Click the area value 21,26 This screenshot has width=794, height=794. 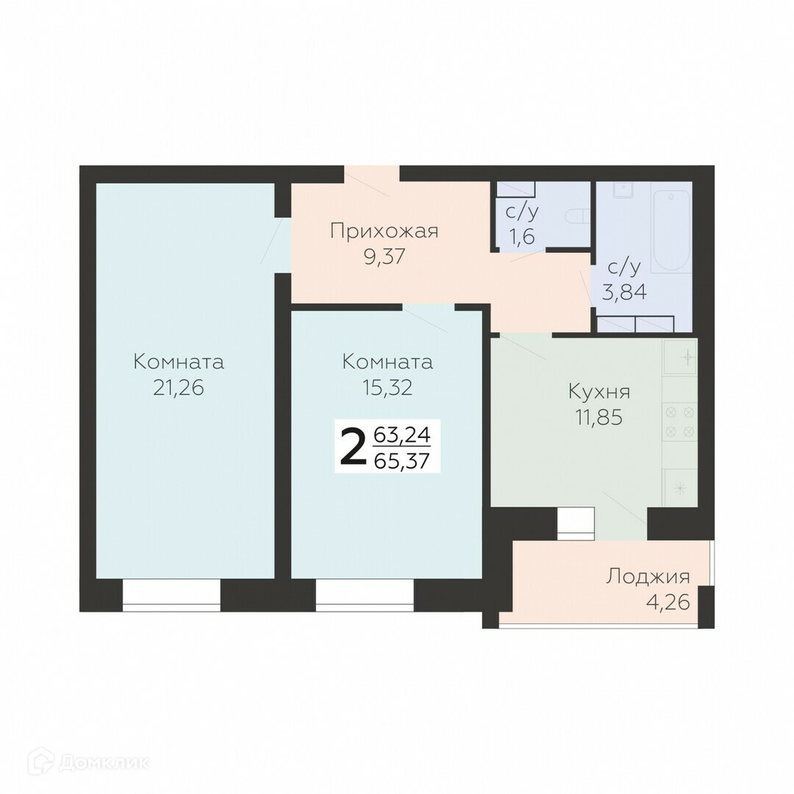178,388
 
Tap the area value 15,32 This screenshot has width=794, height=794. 387,388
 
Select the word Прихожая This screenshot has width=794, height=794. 384,232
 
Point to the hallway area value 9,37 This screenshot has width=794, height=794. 385,257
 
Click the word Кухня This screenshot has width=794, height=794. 600,392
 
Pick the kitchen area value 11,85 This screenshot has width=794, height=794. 598,418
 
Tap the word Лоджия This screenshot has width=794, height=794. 648,576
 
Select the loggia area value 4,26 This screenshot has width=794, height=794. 668,603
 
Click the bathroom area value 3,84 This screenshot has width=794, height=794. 624,292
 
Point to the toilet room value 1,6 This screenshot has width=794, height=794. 521,236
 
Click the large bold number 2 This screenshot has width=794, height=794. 353,446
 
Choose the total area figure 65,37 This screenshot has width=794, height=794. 401,461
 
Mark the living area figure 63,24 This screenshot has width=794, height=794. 401,434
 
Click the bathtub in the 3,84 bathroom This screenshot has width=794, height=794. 671,232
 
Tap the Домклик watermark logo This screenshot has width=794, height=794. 89,762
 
